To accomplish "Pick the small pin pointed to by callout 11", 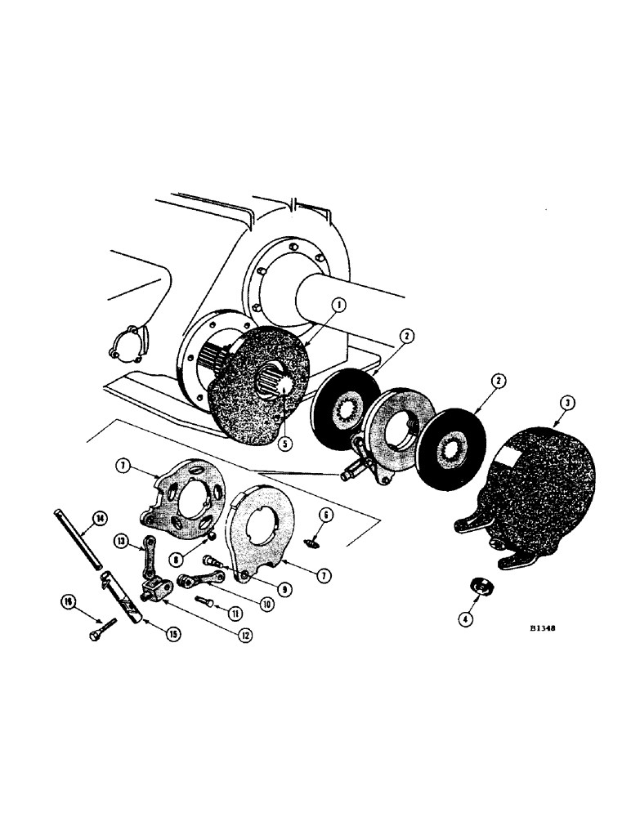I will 207,600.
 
